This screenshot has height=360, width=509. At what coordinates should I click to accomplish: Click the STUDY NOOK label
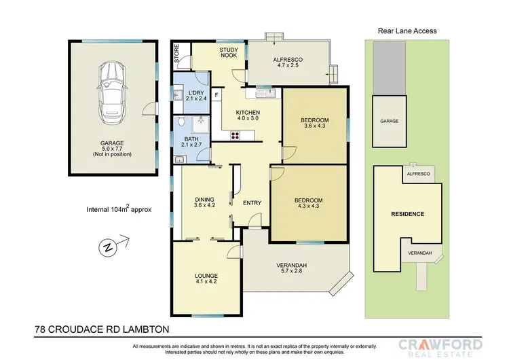(227, 54)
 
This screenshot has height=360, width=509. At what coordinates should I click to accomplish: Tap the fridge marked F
(216, 95)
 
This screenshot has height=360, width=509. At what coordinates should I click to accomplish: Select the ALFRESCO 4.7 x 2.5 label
(287, 64)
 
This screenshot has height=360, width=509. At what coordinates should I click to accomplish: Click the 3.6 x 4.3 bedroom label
(314, 124)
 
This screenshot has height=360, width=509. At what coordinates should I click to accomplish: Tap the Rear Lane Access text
(407, 31)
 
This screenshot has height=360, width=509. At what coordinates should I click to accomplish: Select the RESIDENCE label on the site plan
(407, 214)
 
